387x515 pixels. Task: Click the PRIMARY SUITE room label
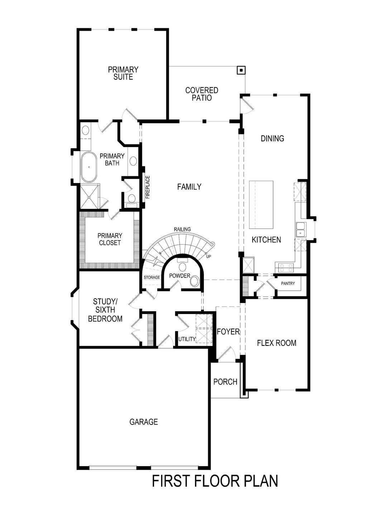[123, 73]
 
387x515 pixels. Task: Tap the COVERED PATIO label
[201, 94]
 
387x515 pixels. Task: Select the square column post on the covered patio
[242, 70]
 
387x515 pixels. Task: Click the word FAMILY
[189, 187]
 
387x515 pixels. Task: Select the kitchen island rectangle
[261, 205]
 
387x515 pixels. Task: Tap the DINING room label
[272, 138]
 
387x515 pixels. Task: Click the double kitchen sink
[300, 229]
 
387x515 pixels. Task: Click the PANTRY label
[288, 284]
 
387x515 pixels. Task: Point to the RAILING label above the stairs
[182, 229]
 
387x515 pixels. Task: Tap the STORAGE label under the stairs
[152, 278]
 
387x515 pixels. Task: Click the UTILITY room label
[187, 339]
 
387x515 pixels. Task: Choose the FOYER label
[228, 332]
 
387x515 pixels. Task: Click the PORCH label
[225, 382]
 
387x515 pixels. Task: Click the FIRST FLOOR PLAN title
[215, 481]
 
